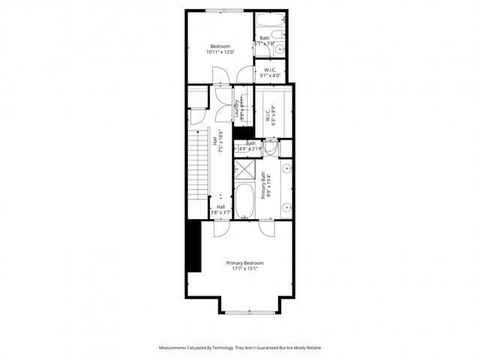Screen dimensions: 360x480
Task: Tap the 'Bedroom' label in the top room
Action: point(220,46)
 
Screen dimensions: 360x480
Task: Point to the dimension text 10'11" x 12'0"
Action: point(220,52)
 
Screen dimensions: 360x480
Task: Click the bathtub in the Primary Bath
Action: point(244,200)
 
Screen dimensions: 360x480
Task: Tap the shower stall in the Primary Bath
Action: point(244,169)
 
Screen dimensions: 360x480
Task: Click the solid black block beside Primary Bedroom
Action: point(193,246)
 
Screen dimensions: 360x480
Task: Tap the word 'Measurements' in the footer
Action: point(173,348)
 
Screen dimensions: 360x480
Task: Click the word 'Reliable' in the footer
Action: point(312,348)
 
